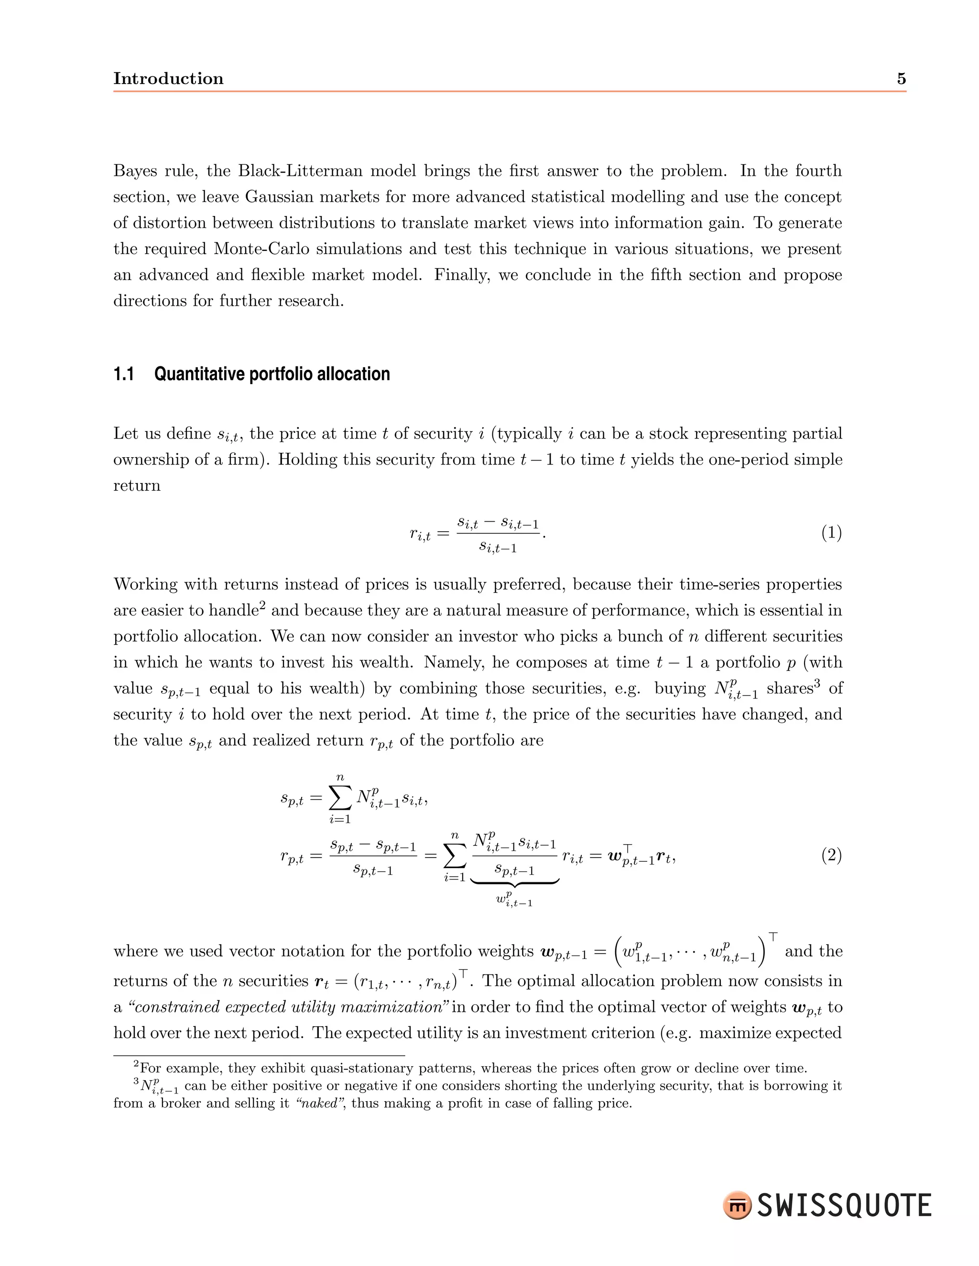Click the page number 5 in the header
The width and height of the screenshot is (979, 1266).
coord(901,79)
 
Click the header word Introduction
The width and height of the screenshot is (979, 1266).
coord(168,79)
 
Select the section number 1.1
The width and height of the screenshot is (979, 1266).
coord(123,375)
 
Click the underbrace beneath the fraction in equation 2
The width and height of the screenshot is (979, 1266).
coord(514,882)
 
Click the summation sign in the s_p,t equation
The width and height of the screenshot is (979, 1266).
coord(340,798)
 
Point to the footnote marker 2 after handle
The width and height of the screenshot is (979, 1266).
coord(262,606)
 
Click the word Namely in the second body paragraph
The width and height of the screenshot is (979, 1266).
coord(449,662)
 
